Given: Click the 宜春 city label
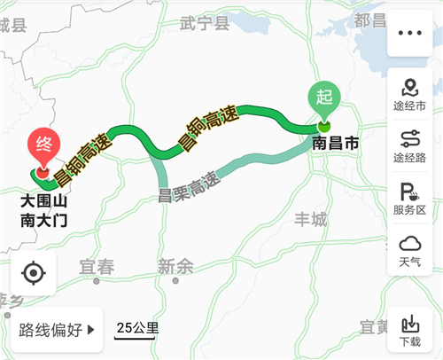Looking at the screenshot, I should coord(97,265).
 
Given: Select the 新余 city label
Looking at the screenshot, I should coord(175,265).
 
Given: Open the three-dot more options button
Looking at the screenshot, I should coord(410,33).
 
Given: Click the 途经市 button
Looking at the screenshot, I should coord(410,94).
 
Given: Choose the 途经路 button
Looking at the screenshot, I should coord(410,145).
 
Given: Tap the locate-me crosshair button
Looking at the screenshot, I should coord(33,273).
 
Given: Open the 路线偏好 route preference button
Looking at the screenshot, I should coord(57,331).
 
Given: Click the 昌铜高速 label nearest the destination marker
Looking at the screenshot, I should coord(84,159).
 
